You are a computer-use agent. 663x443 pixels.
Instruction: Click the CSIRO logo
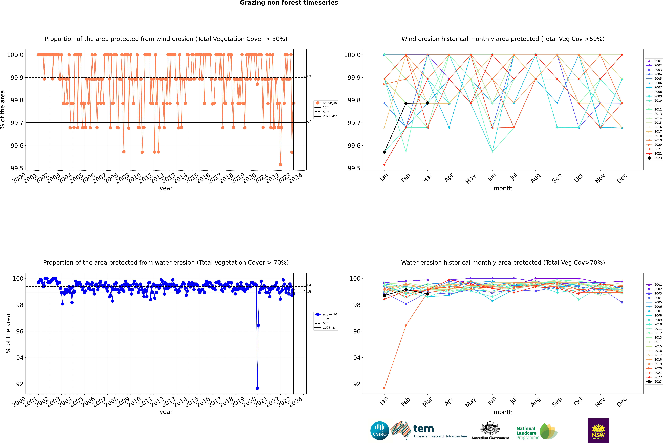tap(380, 431)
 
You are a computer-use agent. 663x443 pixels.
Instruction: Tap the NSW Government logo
tap(598, 431)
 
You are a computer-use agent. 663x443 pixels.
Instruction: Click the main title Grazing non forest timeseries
tap(289, 3)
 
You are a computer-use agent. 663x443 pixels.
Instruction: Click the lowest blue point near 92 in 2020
tap(257, 388)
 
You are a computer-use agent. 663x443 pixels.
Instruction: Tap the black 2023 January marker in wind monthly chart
tap(384, 152)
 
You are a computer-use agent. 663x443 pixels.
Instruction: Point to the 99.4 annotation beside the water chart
tap(307, 285)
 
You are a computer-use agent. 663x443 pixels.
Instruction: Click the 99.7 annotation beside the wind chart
tap(307, 122)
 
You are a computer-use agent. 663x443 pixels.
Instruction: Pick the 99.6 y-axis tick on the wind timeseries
tap(17, 145)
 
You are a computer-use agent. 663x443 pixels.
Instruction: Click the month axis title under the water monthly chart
tap(503, 412)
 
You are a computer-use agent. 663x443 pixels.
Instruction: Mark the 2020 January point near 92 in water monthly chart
tap(384, 388)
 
